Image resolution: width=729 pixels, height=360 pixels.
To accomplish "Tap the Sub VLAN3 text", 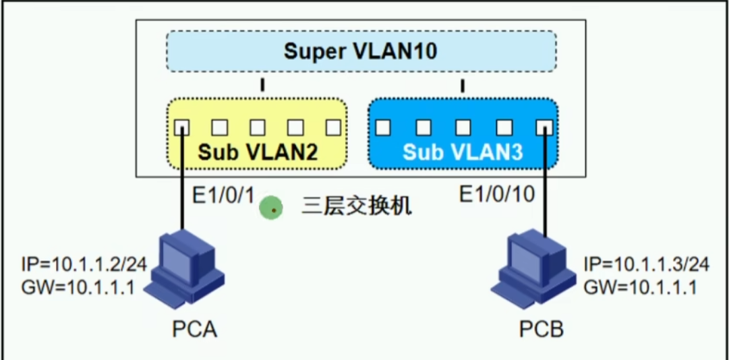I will pos(463,152).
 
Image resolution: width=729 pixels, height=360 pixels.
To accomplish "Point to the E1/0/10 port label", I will pos(497,195).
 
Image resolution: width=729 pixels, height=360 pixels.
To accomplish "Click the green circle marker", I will pos(272,208).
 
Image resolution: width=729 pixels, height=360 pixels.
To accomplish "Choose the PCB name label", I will pos(541,330).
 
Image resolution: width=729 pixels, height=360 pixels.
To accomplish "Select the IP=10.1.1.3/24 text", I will pos(645,264).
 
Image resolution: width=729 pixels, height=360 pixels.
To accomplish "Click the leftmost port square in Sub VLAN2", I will pos(181,127).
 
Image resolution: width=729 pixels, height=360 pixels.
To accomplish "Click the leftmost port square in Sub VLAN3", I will pos(383,127).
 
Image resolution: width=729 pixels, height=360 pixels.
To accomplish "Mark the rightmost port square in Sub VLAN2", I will pos(333,127).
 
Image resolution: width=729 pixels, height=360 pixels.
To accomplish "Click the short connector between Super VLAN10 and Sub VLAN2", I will pos(262,86).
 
